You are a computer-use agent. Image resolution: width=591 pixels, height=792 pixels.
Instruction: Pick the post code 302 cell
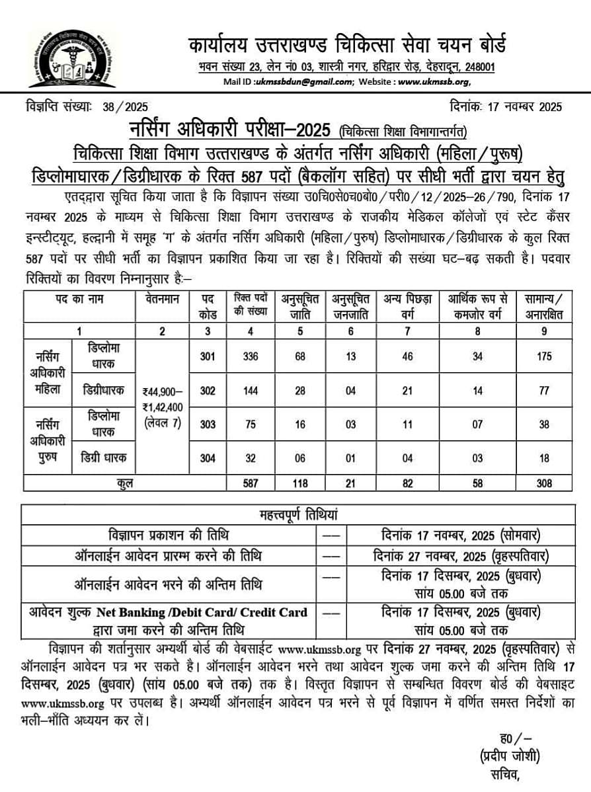point(208,390)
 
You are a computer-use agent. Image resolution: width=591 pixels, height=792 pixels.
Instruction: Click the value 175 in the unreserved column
point(543,356)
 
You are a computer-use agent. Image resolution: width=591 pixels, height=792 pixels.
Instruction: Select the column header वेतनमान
point(162,299)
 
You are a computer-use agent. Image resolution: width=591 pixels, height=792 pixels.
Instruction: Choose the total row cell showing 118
point(300,483)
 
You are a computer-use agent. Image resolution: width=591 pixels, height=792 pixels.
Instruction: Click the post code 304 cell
point(208,458)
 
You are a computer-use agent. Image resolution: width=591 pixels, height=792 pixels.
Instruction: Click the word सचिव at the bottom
point(500,773)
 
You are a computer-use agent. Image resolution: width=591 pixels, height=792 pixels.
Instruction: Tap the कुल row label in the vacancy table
point(124,483)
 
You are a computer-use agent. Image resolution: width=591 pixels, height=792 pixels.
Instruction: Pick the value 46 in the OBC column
point(407,356)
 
